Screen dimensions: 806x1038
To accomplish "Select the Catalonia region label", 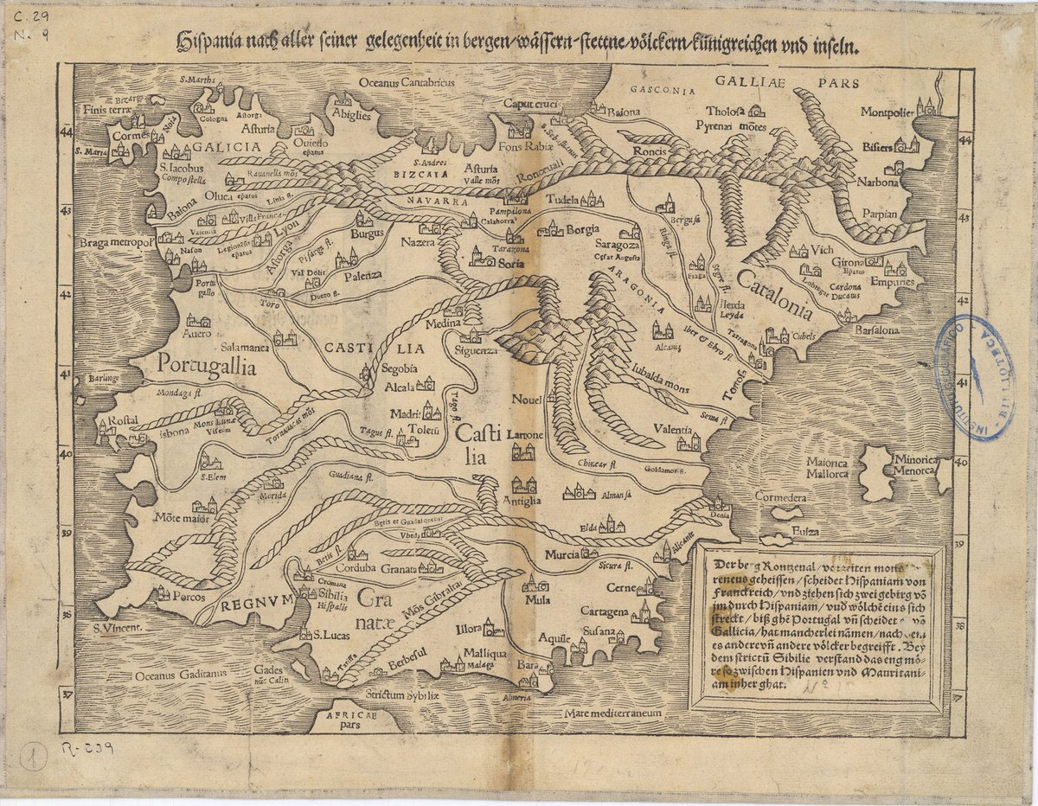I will pos(775,295).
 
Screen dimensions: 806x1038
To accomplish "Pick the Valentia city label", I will pos(672,430).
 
